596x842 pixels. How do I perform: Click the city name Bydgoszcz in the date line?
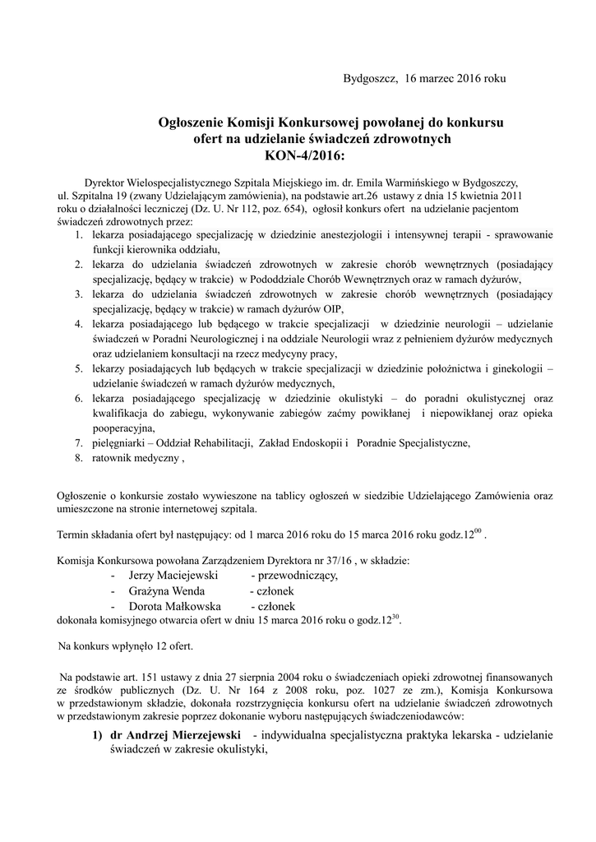pyautogui.click(x=368, y=80)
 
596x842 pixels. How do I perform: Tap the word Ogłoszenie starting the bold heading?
pyautogui.click(x=196, y=123)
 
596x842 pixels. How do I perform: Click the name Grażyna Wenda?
pyautogui.click(x=161, y=591)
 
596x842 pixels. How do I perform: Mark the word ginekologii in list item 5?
pyautogui.click(x=516, y=369)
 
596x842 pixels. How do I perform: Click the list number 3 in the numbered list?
pyautogui.click(x=79, y=294)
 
